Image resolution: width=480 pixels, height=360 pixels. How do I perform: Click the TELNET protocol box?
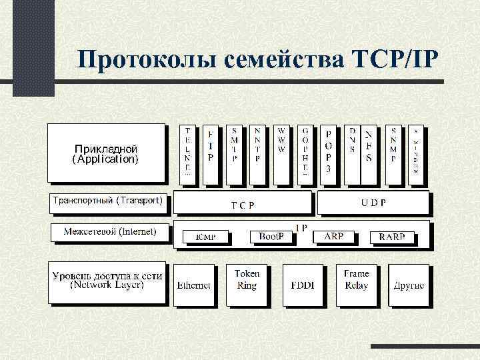click(188, 153)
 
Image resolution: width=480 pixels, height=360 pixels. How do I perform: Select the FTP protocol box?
click(210, 153)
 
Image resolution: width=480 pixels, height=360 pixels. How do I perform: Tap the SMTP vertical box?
click(234, 153)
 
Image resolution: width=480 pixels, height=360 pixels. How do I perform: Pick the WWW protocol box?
click(281, 153)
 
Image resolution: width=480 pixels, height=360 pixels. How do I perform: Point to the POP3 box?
click(328, 153)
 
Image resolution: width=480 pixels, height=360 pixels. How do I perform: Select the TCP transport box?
click(243, 203)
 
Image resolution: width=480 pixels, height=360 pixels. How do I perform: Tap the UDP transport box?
click(373, 203)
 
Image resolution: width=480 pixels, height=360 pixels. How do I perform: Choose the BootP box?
click(271, 237)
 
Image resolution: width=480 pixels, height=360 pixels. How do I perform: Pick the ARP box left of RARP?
click(334, 237)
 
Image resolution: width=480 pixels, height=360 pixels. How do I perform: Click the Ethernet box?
click(194, 285)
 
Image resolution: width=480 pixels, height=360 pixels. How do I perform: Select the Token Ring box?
click(247, 285)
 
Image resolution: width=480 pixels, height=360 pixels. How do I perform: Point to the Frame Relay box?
click(356, 285)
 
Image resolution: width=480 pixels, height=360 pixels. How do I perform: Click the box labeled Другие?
click(409, 285)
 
